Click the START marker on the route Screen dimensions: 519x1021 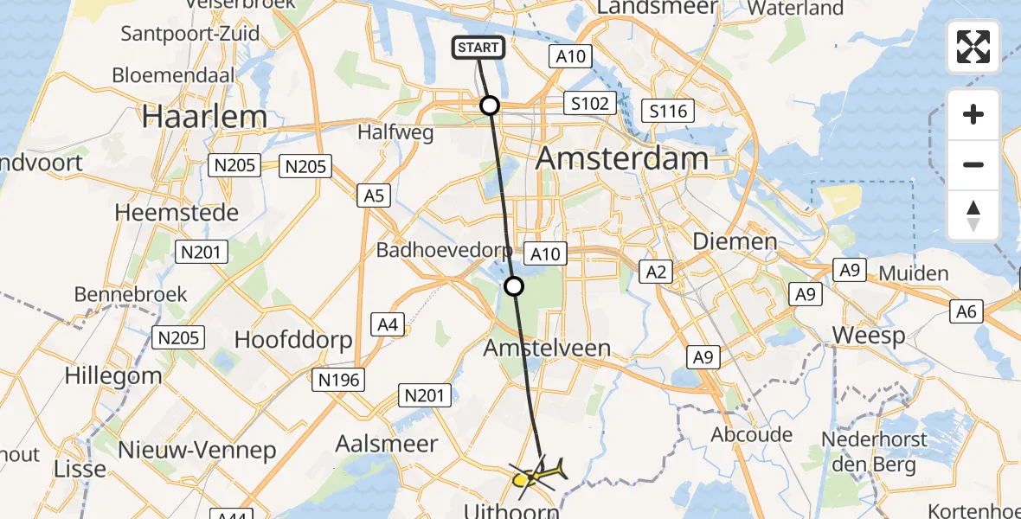point(478,48)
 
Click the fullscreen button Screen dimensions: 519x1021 point(973,47)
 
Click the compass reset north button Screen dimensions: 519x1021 point(973,215)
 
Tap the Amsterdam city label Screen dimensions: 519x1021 point(622,158)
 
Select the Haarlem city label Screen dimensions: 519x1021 point(204,117)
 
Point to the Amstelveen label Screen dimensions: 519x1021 point(546,349)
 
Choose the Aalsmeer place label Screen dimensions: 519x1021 point(387,444)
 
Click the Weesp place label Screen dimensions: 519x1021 point(868,335)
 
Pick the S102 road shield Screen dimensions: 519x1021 point(590,105)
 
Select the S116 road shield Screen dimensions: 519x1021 point(668,110)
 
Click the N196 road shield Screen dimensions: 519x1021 point(340,379)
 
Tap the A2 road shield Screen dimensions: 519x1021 point(655,272)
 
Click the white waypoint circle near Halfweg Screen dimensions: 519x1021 point(490,106)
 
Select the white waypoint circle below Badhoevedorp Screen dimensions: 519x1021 point(514,286)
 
